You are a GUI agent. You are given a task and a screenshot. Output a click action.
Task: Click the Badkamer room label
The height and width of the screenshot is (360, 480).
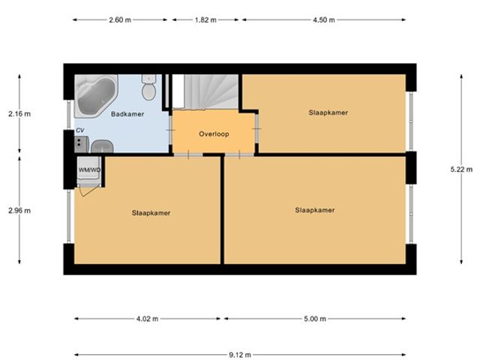127,114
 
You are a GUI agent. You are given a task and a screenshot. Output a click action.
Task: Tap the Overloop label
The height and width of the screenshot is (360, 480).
214,134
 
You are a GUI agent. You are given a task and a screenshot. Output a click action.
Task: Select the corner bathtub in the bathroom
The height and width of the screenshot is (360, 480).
96,96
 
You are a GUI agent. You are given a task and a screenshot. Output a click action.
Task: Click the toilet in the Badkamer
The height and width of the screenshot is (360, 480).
148,87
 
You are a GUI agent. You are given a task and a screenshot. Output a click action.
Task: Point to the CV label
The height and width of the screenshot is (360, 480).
80,130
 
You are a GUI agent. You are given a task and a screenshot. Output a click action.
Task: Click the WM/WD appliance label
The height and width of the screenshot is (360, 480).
89,170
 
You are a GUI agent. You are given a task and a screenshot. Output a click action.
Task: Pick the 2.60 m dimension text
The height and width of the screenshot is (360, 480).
120,20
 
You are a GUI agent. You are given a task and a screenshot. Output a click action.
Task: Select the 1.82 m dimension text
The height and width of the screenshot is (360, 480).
205,20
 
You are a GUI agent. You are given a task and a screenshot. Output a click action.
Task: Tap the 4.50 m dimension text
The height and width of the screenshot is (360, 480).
324,20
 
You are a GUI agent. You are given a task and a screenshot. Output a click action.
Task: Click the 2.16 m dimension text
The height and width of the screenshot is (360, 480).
19,114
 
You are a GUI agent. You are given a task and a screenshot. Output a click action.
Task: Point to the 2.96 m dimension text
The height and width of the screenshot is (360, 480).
19,211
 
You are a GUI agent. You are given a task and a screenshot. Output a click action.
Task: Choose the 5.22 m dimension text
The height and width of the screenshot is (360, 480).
461,169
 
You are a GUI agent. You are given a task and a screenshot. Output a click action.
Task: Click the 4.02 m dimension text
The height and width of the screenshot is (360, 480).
147,319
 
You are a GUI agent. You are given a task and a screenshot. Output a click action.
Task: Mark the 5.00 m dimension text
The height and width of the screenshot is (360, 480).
315,319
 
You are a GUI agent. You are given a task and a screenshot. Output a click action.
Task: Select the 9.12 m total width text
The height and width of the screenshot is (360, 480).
240,355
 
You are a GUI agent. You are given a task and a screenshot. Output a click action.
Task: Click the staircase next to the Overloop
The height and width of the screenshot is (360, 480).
205,91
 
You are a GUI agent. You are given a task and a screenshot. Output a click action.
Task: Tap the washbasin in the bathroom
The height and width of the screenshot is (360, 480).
102,146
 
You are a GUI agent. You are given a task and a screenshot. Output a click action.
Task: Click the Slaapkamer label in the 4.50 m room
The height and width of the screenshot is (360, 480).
328,112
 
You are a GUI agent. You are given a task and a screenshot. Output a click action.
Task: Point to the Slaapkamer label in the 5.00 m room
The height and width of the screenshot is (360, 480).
315,210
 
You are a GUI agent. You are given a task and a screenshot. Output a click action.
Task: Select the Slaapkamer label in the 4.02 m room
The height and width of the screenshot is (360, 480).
151,213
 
